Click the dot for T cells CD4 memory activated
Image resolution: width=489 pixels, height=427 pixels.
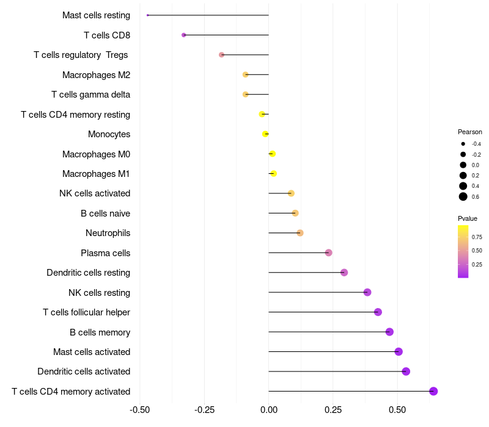tap(433, 391)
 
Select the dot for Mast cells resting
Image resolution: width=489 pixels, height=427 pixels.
tap(148, 15)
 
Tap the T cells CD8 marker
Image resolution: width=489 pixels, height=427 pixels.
tap(184, 35)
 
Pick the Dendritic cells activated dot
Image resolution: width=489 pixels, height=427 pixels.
tap(406, 371)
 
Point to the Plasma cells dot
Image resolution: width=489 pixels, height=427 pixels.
tap(328, 253)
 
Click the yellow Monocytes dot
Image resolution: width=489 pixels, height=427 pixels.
tap(265, 134)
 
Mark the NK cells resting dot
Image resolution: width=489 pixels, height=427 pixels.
tap(367, 292)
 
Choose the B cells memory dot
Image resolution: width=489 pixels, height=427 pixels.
tap(389, 332)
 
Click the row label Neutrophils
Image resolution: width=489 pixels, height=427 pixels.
tap(108, 233)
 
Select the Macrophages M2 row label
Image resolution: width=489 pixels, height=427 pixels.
tap(96, 74)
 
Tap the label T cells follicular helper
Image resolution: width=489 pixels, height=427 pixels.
tap(86, 312)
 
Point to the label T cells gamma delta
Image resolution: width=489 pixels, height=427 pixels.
tap(90, 95)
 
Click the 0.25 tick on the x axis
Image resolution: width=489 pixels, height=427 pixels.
tap(333, 409)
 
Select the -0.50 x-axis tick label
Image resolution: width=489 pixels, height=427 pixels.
tap(140, 409)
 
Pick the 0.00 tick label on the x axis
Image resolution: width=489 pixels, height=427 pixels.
tap(268, 409)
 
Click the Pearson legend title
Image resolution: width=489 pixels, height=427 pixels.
tap(470, 132)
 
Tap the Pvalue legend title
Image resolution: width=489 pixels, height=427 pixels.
tap(468, 218)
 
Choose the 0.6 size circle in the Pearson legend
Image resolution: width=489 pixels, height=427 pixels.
tap(463, 196)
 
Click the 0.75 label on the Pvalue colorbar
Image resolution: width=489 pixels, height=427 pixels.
tap(477, 237)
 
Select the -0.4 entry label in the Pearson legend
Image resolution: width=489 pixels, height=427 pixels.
tap(476, 144)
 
